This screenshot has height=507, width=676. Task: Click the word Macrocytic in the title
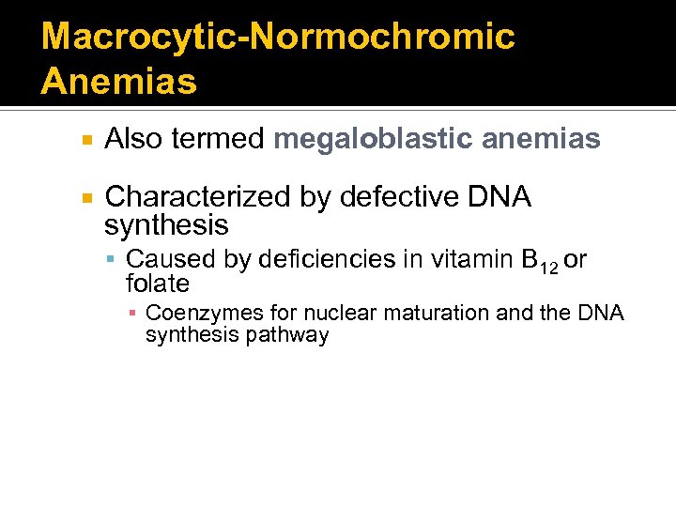124,37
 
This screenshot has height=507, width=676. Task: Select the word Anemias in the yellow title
119,82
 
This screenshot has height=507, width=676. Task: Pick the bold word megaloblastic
373,140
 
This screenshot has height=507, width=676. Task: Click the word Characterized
198,197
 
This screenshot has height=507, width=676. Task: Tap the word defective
397,197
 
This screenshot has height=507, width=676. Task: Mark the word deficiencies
325,259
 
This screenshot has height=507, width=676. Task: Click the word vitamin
462,259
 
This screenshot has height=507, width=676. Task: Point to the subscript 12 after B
548,268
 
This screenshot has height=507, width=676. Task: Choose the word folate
158,284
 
